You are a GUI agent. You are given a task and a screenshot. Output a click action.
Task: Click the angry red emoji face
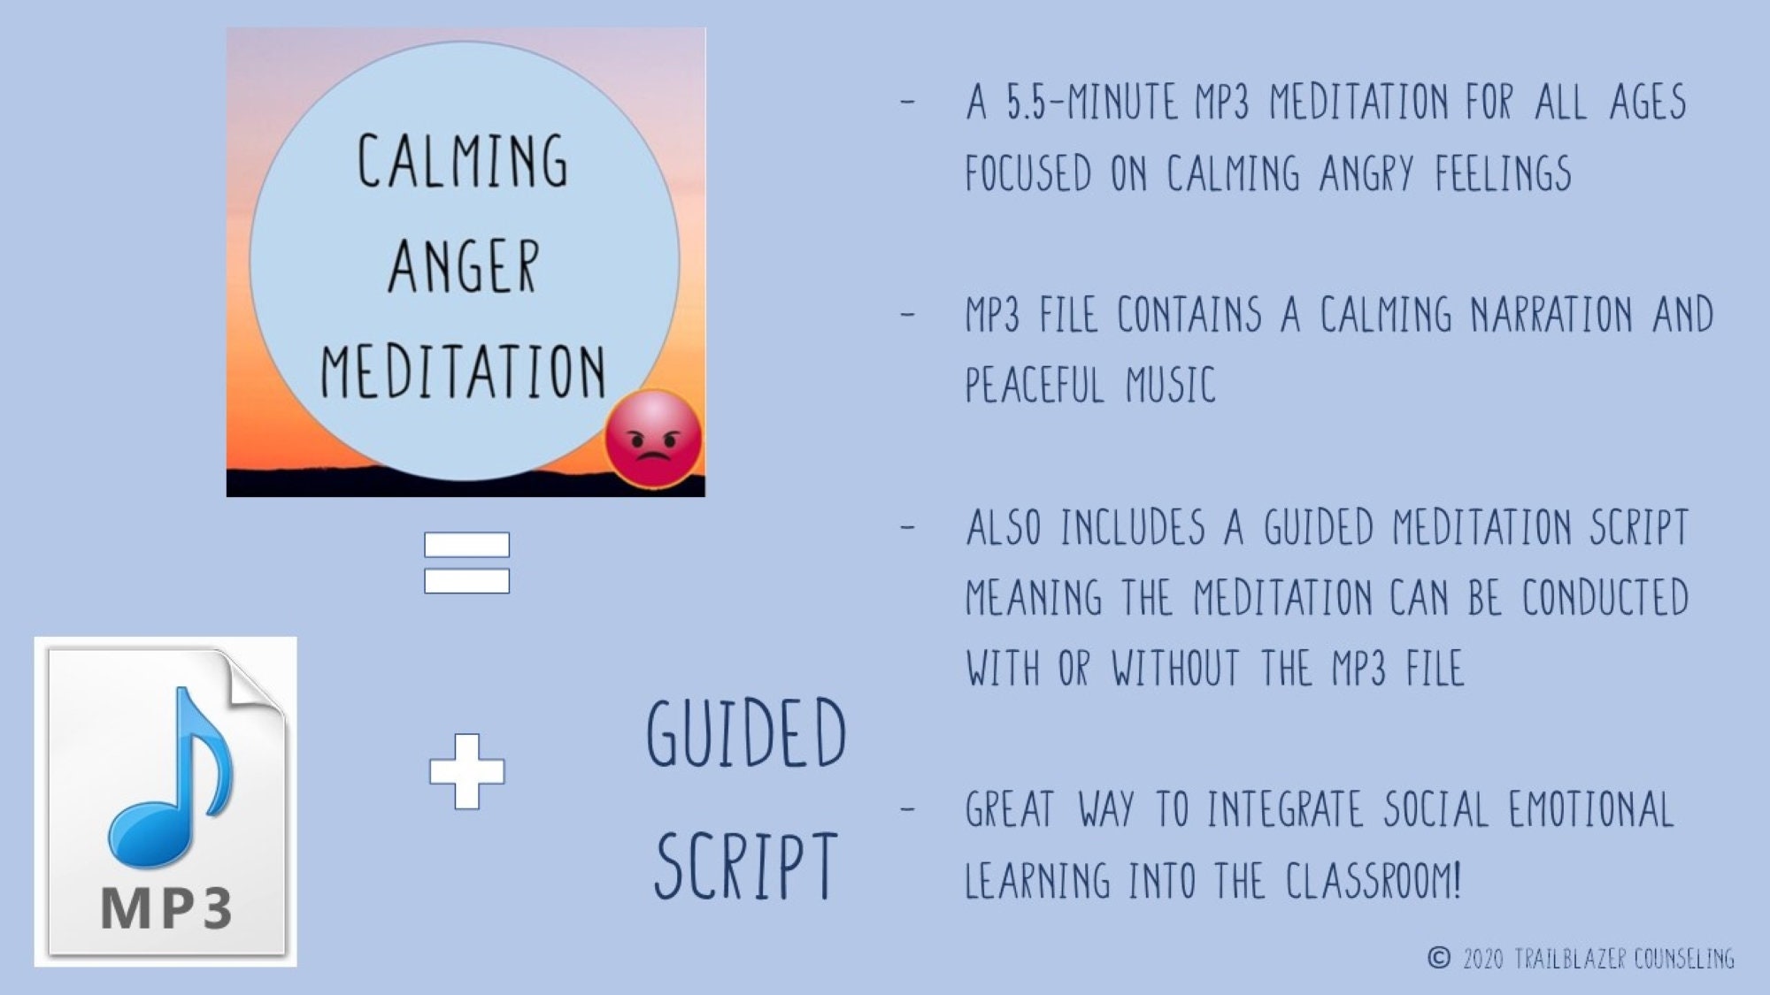653,439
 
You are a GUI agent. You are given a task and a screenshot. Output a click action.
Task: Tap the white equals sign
466,563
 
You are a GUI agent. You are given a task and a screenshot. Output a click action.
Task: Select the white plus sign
466,771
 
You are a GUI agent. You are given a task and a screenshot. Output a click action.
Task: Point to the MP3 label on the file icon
166,907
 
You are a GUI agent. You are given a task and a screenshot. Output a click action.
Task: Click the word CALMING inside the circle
462,161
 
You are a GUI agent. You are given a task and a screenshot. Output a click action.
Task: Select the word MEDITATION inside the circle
463,371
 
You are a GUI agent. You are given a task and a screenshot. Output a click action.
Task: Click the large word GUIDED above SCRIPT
746,733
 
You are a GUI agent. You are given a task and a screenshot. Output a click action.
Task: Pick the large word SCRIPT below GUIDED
746,866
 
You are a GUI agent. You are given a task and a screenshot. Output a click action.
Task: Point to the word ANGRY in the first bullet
1366,173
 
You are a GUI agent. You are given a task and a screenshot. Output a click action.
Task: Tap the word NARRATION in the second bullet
1551,315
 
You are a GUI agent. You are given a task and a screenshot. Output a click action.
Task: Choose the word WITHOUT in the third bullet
1175,669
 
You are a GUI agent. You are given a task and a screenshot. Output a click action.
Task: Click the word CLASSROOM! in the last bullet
1373,881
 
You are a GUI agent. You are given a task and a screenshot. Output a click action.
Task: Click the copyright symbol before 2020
1439,958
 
